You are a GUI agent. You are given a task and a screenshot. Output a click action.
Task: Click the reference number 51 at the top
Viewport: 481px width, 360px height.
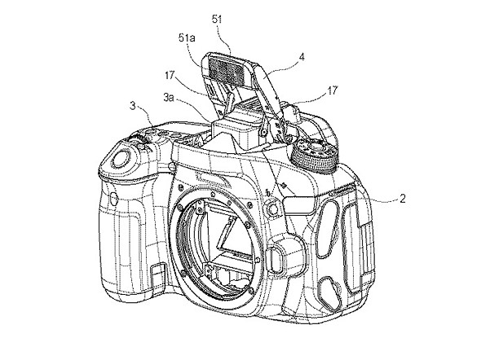point(217,20)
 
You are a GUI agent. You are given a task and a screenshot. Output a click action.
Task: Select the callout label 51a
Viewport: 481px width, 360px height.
point(187,38)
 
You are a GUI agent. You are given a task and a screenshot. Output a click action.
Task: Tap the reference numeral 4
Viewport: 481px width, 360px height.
point(302,57)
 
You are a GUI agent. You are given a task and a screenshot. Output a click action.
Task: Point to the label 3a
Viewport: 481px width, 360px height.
point(169,98)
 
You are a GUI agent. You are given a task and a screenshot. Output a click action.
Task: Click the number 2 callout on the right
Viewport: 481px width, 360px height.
point(403,199)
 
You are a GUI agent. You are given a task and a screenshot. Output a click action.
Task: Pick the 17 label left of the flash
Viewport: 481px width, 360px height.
point(170,75)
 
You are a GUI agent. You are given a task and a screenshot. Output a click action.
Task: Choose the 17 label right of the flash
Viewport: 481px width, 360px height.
point(333,90)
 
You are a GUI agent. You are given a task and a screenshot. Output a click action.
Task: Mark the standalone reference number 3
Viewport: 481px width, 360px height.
point(133,106)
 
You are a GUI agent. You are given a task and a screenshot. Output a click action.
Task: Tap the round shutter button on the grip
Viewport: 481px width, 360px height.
point(121,158)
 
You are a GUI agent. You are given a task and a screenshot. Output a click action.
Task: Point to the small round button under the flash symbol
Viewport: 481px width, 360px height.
point(272,208)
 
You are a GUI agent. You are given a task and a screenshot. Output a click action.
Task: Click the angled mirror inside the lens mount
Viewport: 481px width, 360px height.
point(227,235)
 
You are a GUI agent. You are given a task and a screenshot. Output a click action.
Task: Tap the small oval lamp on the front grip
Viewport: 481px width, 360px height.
point(113,199)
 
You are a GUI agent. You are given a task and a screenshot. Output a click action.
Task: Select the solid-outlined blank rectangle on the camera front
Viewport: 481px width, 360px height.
point(298,205)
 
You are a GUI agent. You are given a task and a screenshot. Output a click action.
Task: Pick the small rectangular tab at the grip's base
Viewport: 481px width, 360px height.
point(157,271)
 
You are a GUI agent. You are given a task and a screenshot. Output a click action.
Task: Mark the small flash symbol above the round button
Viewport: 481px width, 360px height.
point(268,193)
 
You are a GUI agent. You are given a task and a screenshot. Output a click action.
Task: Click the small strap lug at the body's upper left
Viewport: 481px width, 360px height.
point(172,167)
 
